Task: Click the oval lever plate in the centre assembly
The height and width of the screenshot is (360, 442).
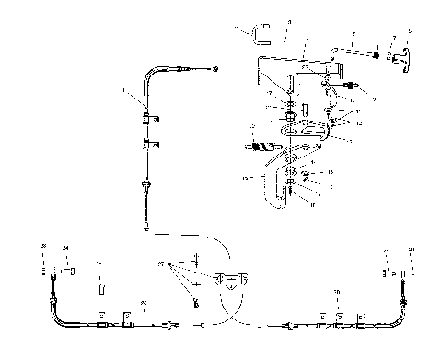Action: pyautogui.click(x=301, y=134)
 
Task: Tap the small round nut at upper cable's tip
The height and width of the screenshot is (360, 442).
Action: pyautogui.click(x=215, y=70)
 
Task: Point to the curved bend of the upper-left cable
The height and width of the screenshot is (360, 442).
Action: pyautogui.click(x=151, y=81)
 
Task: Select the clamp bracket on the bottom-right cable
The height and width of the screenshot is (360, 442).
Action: pyautogui.click(x=339, y=318)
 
